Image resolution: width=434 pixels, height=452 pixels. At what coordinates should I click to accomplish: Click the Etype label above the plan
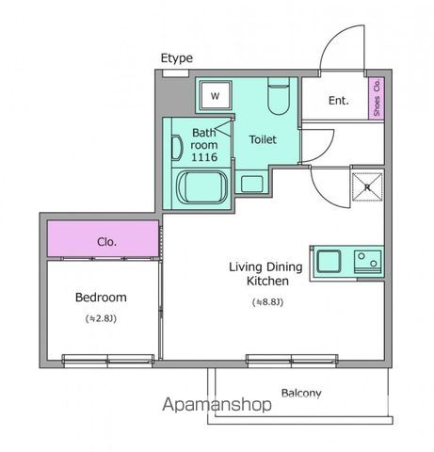click(177, 58)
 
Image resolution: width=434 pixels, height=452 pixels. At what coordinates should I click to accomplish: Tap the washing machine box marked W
click(216, 95)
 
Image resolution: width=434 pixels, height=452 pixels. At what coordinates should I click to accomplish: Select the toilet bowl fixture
click(279, 96)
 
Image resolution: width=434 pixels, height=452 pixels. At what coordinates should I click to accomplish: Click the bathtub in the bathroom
click(202, 187)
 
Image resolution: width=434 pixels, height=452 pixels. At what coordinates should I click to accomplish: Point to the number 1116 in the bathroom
click(204, 157)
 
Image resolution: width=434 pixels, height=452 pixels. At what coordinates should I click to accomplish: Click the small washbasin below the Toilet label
click(251, 184)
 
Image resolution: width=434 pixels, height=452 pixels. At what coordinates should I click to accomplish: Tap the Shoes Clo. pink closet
click(377, 98)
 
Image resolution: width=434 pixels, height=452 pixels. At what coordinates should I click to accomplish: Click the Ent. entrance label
click(339, 101)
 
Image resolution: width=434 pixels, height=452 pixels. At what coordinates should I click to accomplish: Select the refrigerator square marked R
click(367, 187)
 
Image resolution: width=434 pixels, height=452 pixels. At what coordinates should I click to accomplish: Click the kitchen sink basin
click(329, 261)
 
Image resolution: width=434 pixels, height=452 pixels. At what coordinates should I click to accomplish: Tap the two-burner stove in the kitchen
click(368, 262)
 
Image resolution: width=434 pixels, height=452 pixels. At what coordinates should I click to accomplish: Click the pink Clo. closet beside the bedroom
click(103, 238)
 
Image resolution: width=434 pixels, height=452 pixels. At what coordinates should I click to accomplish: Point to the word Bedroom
click(101, 298)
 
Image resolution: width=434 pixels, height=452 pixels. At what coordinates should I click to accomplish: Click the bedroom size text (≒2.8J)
click(101, 318)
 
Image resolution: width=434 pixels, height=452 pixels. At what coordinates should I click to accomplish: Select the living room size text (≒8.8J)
click(267, 302)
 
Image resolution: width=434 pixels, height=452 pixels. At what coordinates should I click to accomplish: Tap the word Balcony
click(301, 393)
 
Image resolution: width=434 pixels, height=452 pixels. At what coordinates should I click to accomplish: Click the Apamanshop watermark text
click(217, 404)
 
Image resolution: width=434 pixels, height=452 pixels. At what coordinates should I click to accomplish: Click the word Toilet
click(263, 139)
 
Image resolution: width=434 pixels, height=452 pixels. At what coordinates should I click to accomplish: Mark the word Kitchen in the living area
click(267, 281)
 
